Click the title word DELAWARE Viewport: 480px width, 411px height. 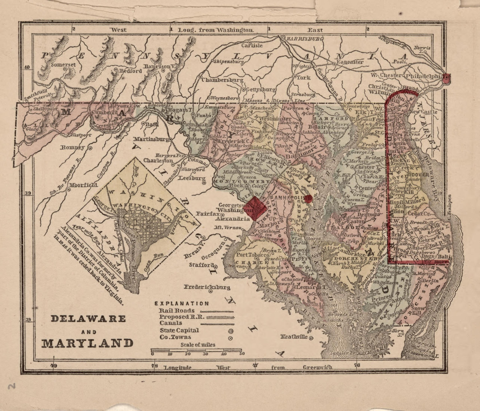tap(88, 319)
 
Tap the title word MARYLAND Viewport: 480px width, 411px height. tap(87, 343)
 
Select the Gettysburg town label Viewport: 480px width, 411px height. tap(260, 89)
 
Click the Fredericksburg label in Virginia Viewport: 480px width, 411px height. tap(207, 287)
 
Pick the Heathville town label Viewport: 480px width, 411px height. tap(294, 337)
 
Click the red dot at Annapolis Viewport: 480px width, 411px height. tap(308, 198)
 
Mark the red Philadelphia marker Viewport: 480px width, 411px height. tap(447, 77)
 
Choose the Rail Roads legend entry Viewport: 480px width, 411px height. tap(177, 310)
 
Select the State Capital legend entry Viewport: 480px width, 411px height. tap(180, 330)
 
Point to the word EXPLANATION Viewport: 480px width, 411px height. tap(182, 303)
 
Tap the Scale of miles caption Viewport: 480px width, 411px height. tap(198, 345)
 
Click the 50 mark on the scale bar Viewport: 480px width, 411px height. tap(242, 354)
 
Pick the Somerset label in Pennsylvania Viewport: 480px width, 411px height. tap(63, 65)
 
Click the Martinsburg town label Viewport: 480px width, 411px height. tap(151, 139)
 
